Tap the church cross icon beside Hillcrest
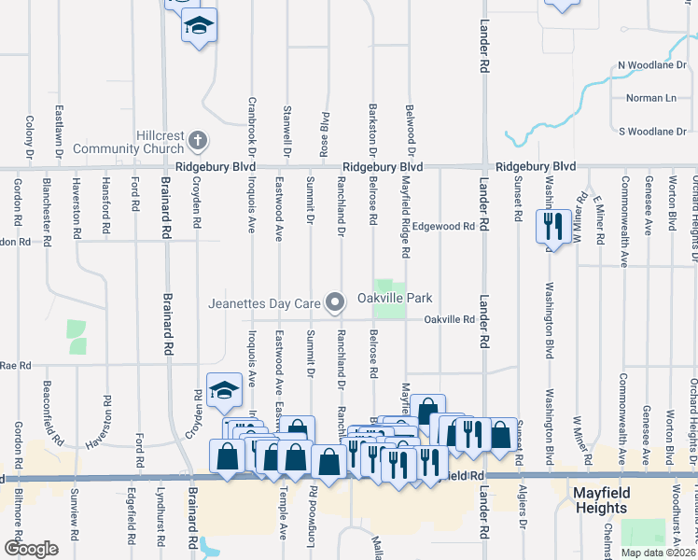197,142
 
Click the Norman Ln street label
650,98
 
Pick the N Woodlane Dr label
652,65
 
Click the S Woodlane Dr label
652,132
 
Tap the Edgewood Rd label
444,226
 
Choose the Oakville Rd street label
450,319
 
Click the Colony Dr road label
30,136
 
